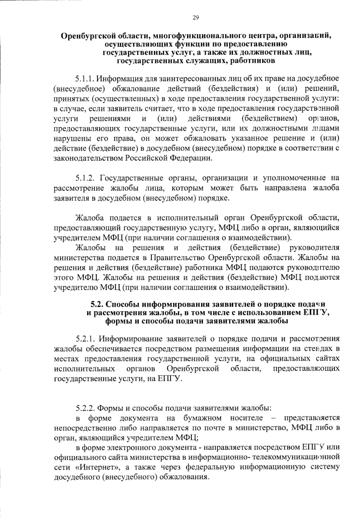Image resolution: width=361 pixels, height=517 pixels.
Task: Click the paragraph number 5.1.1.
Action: tap(85, 79)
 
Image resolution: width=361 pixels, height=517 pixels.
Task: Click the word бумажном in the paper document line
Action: tap(202, 418)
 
